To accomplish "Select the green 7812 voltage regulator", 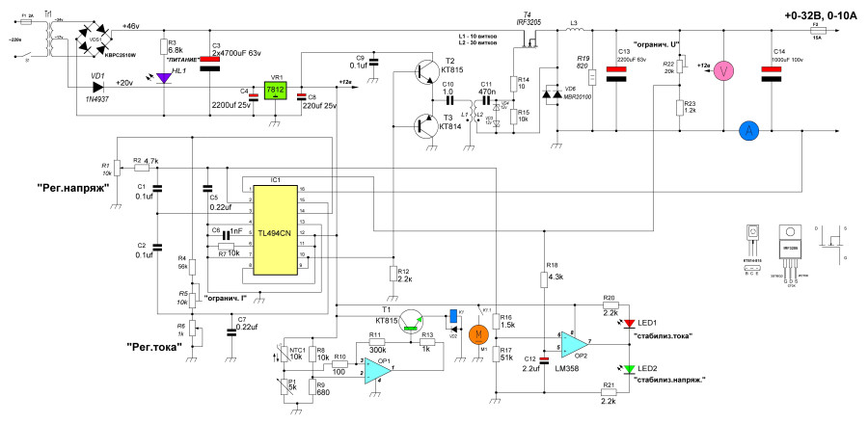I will click(276, 91).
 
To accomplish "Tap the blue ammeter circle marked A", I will click(746, 133).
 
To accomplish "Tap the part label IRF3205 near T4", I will click(527, 18).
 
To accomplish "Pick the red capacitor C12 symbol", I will click(545, 360).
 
